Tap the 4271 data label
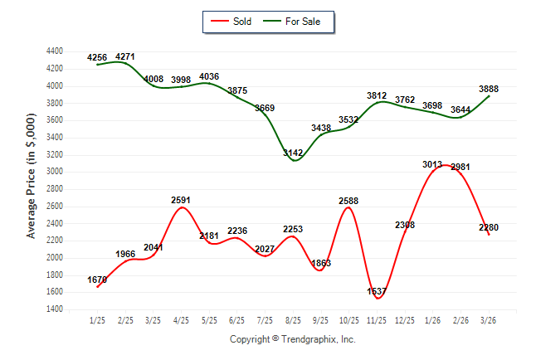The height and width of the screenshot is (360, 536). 125,56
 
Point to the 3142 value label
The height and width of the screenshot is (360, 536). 294,153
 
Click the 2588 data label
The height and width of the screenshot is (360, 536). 348,201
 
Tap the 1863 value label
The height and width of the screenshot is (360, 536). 320,263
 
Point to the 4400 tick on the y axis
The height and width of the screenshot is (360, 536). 55,51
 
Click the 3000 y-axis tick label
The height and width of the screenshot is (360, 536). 55,172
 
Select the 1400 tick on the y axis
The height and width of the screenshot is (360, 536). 55,309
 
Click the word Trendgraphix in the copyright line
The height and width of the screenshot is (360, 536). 309,339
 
